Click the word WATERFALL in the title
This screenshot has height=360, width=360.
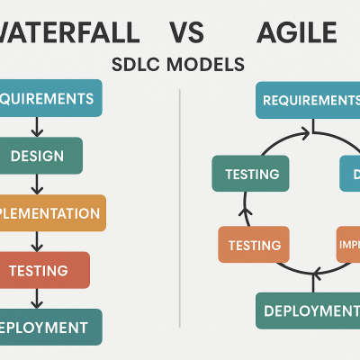(69, 34)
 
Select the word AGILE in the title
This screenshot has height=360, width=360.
(296, 34)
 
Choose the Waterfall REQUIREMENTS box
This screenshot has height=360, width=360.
(50, 98)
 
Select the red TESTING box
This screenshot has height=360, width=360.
(45, 270)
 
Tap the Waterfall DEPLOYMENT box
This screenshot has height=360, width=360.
(50, 327)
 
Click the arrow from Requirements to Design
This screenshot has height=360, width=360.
(37, 127)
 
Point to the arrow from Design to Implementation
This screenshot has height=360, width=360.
(37, 184)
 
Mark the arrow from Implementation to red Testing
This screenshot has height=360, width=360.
(37, 241)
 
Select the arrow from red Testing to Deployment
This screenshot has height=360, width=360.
(37, 298)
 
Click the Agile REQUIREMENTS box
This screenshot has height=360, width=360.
(307, 99)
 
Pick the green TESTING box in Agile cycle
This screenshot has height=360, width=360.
(244, 173)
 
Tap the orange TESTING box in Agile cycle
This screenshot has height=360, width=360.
(255, 244)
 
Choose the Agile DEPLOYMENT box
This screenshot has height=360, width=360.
(307, 310)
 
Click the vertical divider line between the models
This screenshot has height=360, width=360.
(181, 216)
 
